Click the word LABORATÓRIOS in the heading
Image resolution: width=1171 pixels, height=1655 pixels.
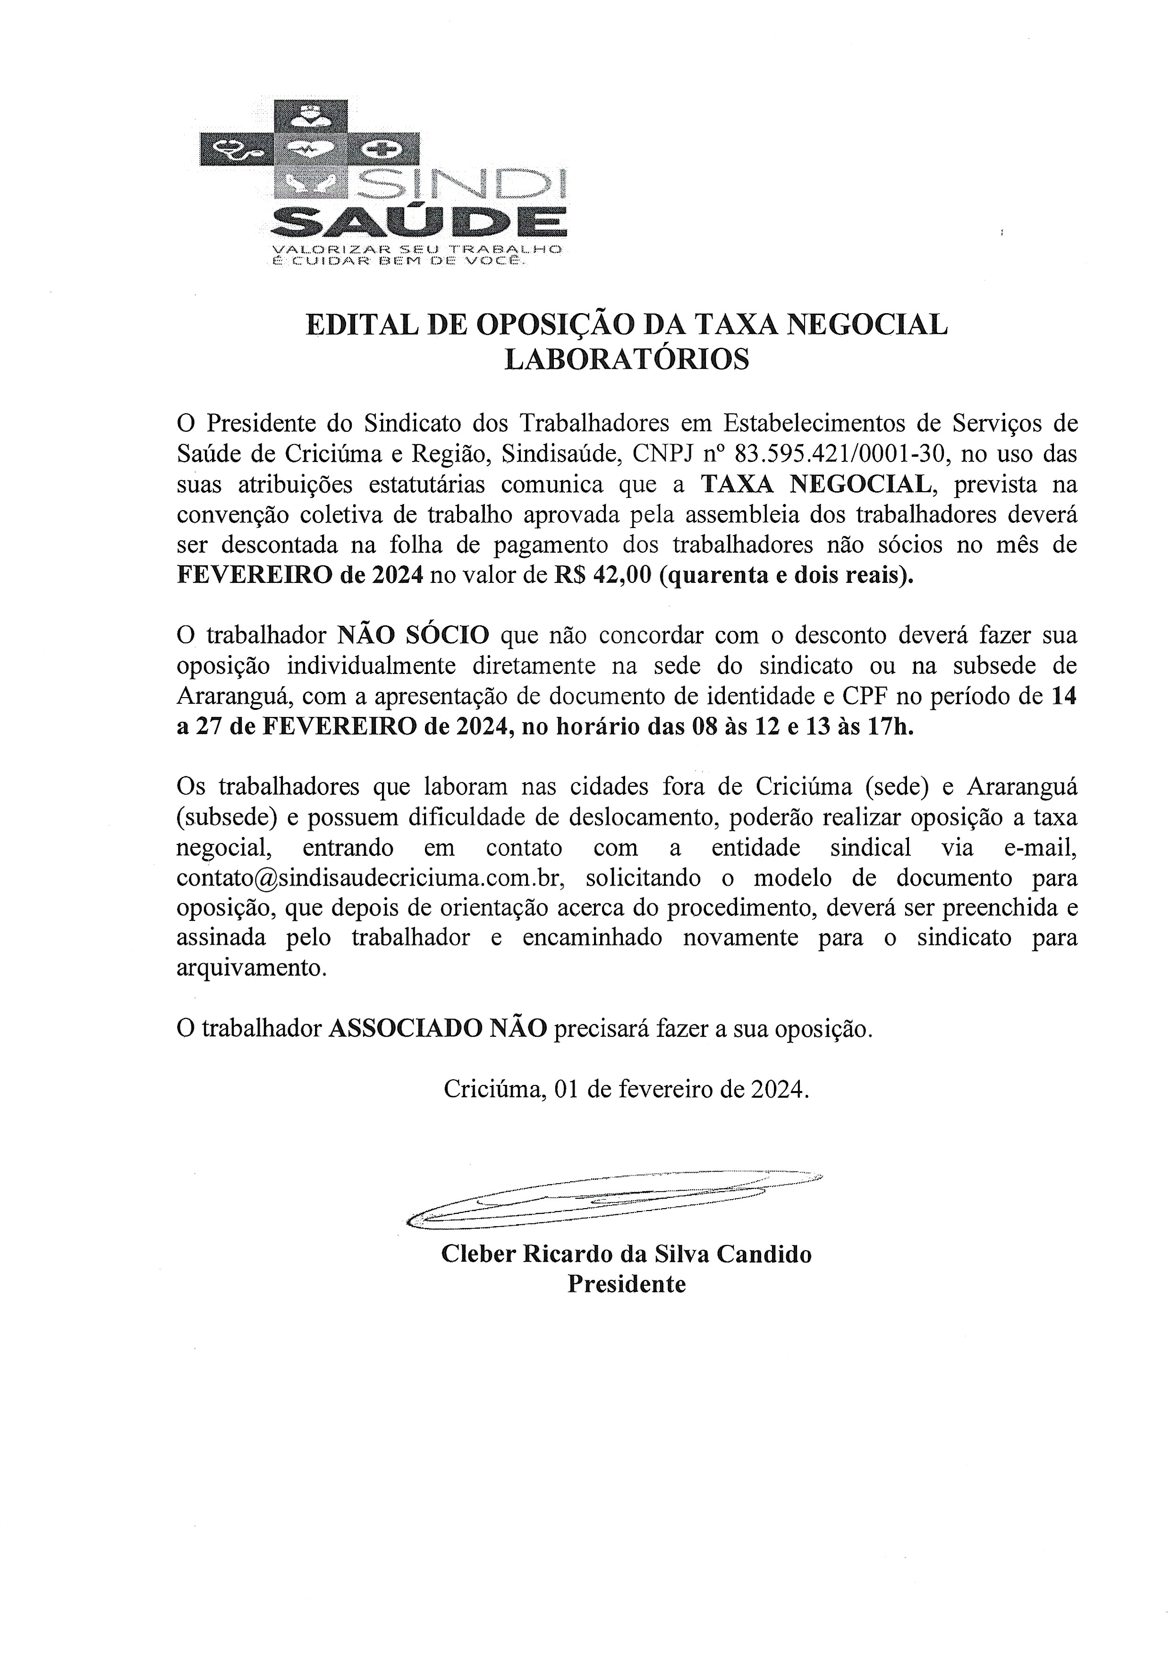tap(626, 359)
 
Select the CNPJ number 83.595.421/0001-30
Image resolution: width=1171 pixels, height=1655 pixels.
tap(839, 454)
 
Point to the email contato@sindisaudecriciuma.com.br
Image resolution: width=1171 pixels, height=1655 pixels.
tap(369, 879)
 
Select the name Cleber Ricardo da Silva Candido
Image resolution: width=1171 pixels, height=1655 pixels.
tap(626, 1254)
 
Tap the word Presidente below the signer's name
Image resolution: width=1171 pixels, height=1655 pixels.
tap(626, 1284)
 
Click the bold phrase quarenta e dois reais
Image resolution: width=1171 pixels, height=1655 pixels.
tap(784, 576)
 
